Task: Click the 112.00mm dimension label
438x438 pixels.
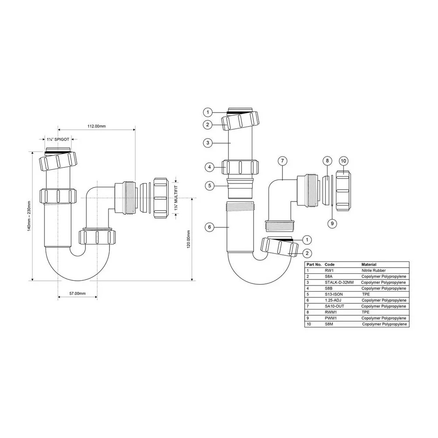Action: point(97,126)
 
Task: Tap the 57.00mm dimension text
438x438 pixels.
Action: point(78,293)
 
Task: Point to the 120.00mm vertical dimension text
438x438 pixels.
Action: point(188,240)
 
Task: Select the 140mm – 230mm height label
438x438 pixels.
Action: point(29,216)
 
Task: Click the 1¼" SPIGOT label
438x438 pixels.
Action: point(58,139)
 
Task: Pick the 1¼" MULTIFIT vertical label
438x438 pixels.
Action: point(176,198)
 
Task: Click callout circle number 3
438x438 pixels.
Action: point(208,143)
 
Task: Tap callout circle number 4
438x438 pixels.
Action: point(209,167)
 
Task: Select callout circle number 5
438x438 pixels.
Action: point(210,186)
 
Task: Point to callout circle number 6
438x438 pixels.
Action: point(209,227)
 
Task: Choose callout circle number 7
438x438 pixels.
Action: point(283,161)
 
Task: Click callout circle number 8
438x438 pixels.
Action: point(327,161)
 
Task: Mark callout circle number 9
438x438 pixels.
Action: point(332,223)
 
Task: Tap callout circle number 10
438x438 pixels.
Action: point(343,161)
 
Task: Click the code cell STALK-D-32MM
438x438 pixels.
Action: point(339,283)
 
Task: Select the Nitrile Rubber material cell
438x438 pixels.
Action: point(374,270)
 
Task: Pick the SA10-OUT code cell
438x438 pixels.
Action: point(334,306)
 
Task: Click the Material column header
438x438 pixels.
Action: point(369,264)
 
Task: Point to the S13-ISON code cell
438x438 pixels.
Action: point(333,294)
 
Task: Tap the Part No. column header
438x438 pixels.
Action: point(314,264)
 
